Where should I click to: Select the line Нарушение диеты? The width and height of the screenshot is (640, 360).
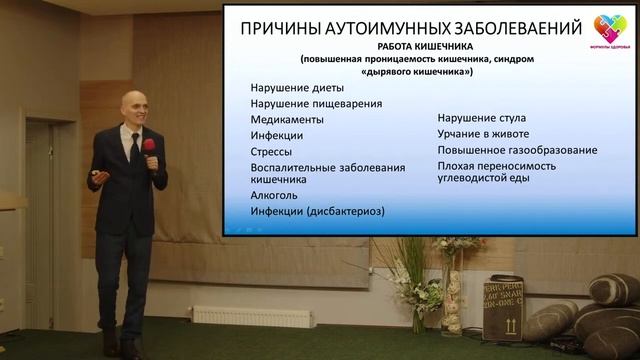[x=295, y=86]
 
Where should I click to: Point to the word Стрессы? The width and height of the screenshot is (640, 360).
[x=271, y=151]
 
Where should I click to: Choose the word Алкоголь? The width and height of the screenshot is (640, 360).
[x=274, y=196]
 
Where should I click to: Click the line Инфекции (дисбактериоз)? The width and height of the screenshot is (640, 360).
[x=318, y=212]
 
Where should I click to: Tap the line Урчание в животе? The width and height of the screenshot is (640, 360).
[x=483, y=133]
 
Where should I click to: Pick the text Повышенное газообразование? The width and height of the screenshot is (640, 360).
[x=517, y=150]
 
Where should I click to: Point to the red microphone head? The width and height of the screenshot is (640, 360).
[x=149, y=146]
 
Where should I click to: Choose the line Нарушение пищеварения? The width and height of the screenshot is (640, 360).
[x=316, y=102]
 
